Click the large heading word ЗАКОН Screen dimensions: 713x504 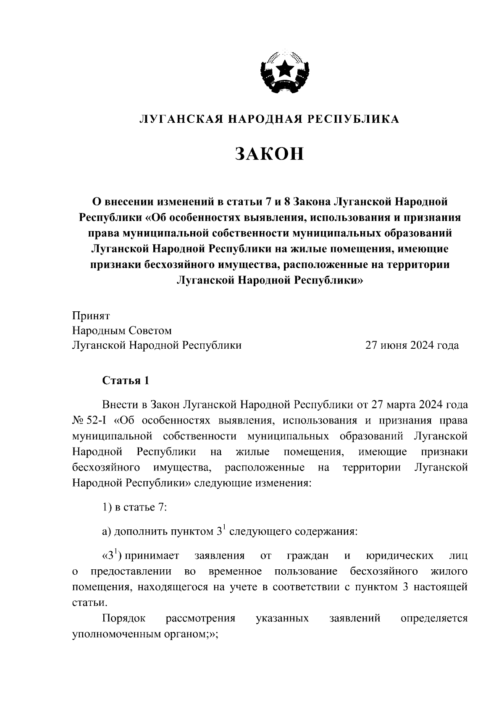click(x=269, y=154)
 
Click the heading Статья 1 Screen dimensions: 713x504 click(x=126, y=381)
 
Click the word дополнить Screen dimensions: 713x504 click(x=141, y=532)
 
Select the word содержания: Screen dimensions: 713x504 click(x=323, y=532)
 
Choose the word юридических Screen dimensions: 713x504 click(x=400, y=556)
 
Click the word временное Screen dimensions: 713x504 click(x=235, y=572)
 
